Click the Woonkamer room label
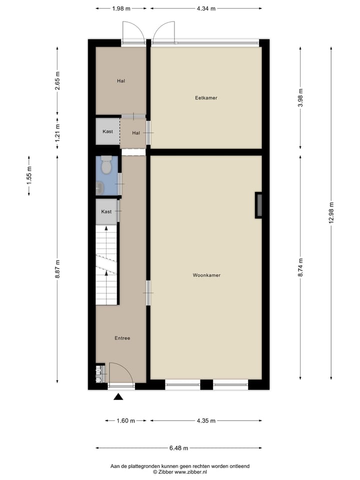click(x=206, y=275)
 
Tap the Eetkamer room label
click(x=206, y=98)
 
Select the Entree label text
click(x=122, y=338)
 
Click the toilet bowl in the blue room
click(x=106, y=166)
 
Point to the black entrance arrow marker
click(x=118, y=397)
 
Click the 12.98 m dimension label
click(x=330, y=213)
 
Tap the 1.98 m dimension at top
click(x=121, y=8)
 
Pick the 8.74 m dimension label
click(x=300, y=267)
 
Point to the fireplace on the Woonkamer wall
click(x=258, y=204)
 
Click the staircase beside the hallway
click(x=106, y=265)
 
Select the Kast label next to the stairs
click(x=106, y=211)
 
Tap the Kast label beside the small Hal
click(x=107, y=131)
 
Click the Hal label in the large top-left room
click(x=121, y=81)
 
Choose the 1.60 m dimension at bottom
click(x=126, y=420)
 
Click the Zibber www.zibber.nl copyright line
click(x=180, y=471)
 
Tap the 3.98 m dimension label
click(x=300, y=98)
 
